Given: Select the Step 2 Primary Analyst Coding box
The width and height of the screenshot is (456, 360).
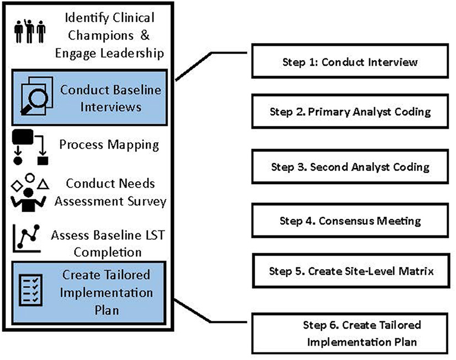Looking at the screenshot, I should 350,112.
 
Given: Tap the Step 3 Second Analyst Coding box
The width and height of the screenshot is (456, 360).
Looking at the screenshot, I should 350,166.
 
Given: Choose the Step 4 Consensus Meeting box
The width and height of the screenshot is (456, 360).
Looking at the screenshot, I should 350,221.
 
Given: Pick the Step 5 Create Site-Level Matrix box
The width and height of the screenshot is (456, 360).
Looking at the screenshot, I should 350,271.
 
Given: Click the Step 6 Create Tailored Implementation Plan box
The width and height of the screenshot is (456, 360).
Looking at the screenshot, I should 350,333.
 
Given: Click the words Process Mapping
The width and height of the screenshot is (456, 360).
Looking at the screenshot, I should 109,146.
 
